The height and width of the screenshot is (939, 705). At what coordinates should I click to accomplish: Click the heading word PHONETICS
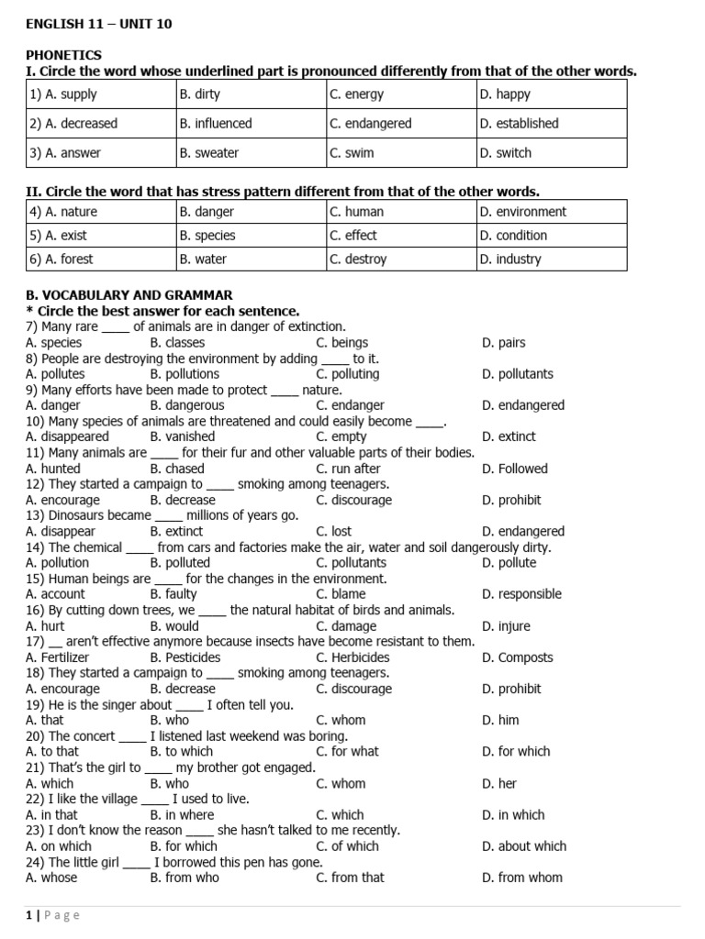pos(63,55)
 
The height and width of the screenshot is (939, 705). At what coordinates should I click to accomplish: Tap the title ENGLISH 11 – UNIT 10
pos(99,24)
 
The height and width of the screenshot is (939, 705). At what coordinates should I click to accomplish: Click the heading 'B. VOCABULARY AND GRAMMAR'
pos(129,295)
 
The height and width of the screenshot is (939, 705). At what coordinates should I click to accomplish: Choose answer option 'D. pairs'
pos(504,342)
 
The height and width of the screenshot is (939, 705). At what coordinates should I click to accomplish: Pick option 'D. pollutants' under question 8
pos(518,373)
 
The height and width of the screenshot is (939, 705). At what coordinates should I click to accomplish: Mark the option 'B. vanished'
pos(183,436)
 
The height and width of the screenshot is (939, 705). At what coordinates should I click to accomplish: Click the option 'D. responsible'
pos(521,593)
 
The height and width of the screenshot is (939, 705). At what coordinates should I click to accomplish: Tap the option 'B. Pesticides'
pos(185,657)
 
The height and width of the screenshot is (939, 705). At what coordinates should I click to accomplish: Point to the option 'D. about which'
pos(524,845)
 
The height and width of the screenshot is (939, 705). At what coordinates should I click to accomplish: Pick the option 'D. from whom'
pos(522,877)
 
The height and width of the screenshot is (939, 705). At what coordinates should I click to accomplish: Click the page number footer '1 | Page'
pos(53,914)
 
